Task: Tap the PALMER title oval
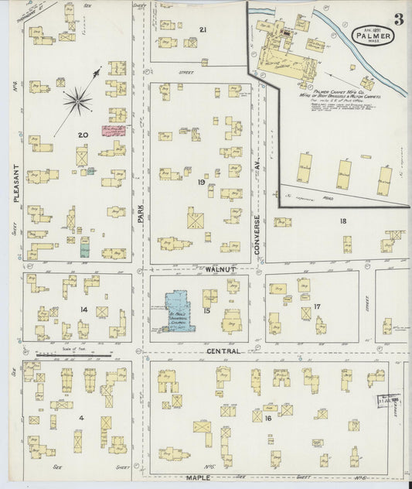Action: point(374,35)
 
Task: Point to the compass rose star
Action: point(77,98)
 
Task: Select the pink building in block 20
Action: point(114,130)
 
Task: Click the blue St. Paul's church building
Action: point(175,311)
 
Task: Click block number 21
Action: point(203,29)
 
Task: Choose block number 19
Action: point(201,183)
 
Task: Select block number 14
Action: point(83,309)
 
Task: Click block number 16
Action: point(267,419)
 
